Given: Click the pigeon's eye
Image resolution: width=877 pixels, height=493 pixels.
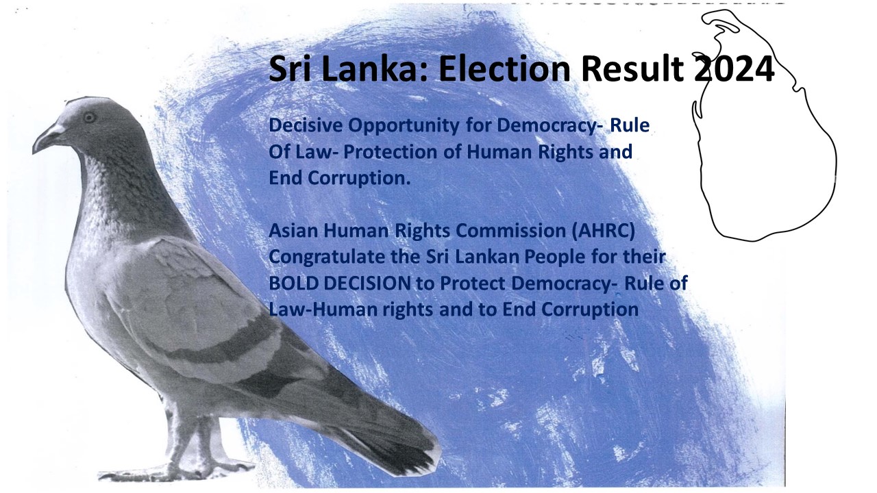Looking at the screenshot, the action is coord(90,117).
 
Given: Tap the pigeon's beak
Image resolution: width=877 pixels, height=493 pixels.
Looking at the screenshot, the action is coord(46,138).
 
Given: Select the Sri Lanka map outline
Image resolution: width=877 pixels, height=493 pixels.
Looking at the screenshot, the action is coord(837,164).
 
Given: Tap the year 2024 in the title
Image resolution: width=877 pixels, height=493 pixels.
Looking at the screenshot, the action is coord(734,69).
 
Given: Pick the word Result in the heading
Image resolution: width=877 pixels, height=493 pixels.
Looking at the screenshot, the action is coord(632,69).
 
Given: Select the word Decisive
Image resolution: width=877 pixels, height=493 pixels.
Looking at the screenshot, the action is coord(306,125).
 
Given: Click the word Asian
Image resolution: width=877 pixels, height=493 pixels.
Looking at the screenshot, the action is coord(294,231).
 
